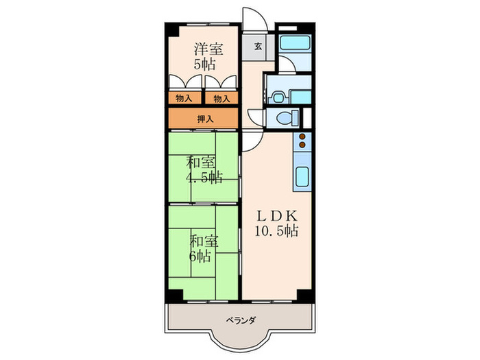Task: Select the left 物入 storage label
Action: (x=183, y=98)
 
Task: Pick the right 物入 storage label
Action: (x=221, y=98)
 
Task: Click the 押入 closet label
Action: (x=206, y=118)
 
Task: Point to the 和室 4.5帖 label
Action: (x=203, y=169)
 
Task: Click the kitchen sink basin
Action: (x=302, y=178)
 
